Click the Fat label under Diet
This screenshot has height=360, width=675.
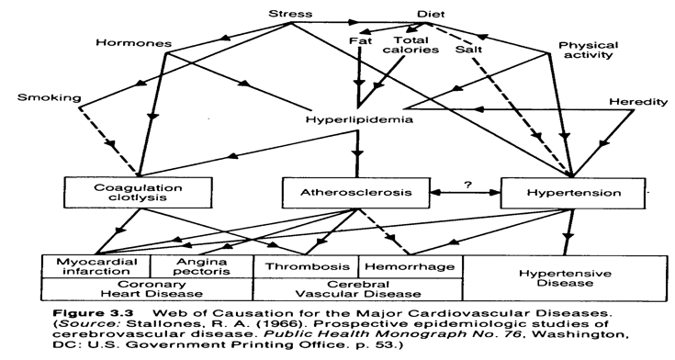pyautogui.click(x=360, y=41)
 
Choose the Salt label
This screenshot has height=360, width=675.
pyautogui.click(x=481, y=41)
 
